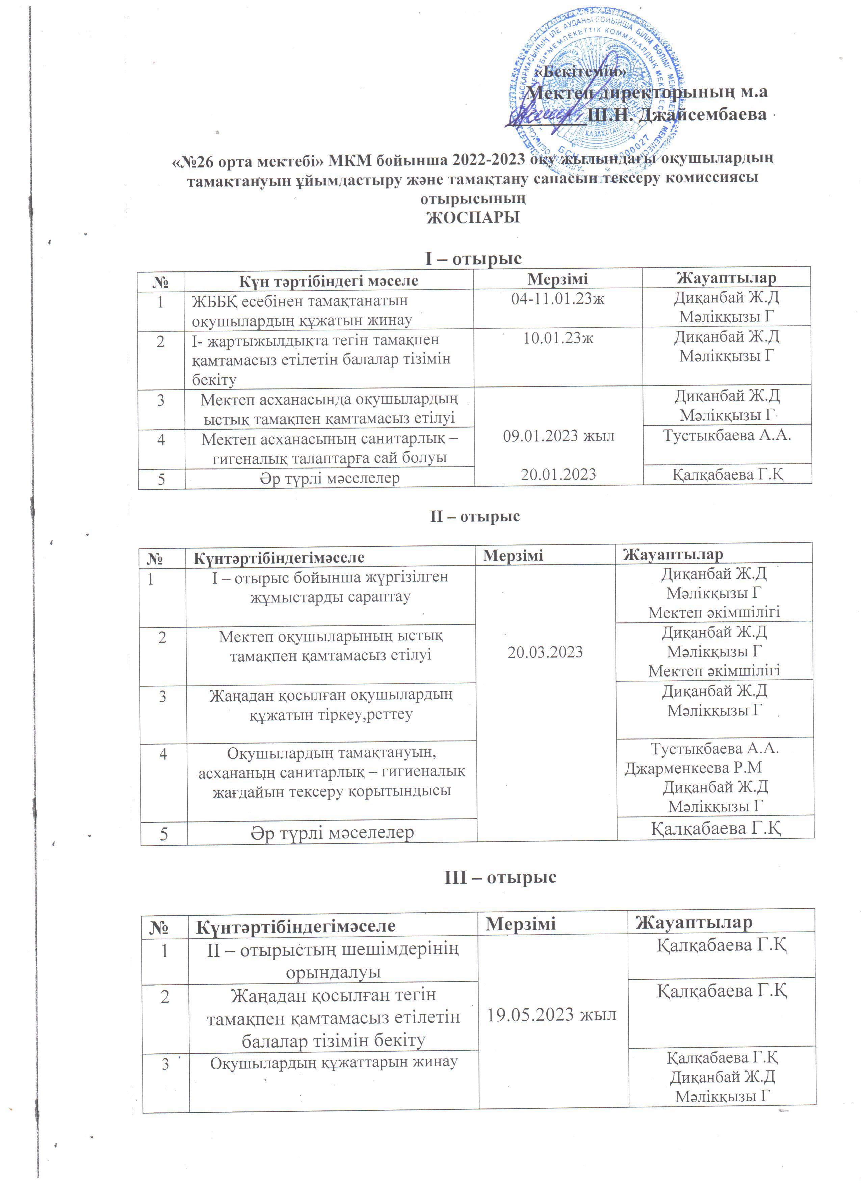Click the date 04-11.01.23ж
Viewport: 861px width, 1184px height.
[558, 299]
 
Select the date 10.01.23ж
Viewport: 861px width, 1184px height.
[558, 338]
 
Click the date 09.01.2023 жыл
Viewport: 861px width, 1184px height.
[558, 436]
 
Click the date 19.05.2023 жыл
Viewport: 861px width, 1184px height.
[552, 1014]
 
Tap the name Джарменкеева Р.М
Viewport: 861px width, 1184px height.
[694, 768]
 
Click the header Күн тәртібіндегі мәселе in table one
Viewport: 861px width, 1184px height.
[329, 281]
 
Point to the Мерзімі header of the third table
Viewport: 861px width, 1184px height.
[521, 923]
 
